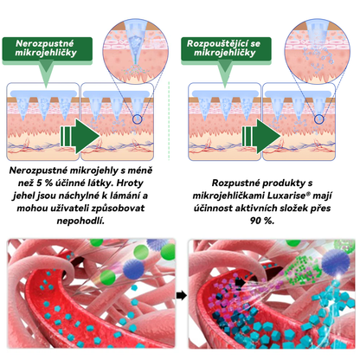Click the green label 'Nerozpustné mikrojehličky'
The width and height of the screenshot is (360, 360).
pyautogui.click(x=48, y=48)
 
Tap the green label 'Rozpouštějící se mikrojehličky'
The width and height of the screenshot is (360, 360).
pyautogui.click(x=226, y=48)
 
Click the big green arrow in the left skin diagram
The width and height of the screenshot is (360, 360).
pyautogui.click(x=80, y=136)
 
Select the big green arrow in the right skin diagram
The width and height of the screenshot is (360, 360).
pyautogui.click(x=261, y=136)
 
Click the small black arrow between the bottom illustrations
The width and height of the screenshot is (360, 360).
pyautogui.click(x=182, y=295)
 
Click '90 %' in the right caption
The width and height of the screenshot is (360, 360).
pyautogui.click(x=262, y=221)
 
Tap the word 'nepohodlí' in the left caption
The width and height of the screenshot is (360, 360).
pyautogui.click(x=80, y=221)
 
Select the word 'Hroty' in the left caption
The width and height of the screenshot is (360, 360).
pyautogui.click(x=130, y=183)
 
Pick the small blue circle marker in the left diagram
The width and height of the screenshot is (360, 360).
pyautogui.click(x=138, y=119)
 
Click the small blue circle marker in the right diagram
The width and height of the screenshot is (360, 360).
pyautogui.click(x=319, y=119)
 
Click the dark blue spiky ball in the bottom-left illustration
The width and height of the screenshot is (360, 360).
pyautogui.click(x=133, y=269)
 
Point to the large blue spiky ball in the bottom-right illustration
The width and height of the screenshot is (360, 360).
pyautogui.click(x=336, y=261)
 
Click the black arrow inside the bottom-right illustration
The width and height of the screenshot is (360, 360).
pyautogui.click(x=240, y=282)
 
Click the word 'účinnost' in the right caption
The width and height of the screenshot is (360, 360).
pyautogui.click(x=213, y=209)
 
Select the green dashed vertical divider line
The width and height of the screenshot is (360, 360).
pyautogui.click(x=169, y=121)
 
